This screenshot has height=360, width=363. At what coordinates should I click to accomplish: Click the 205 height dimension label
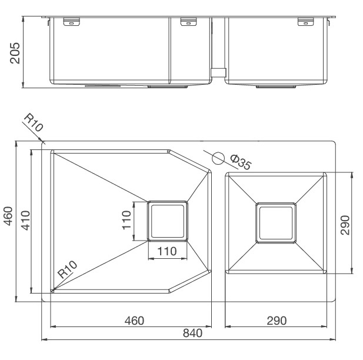15,53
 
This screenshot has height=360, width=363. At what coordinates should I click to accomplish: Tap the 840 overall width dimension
192,333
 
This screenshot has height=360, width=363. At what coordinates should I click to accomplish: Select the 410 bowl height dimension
25,221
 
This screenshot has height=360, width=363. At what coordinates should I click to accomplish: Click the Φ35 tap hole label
241,162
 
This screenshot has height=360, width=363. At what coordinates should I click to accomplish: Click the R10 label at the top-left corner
34,122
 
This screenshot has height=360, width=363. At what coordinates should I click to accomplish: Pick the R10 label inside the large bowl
67,269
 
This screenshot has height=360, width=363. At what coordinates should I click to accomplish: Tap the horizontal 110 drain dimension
167,251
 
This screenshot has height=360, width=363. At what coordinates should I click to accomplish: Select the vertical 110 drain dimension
126,220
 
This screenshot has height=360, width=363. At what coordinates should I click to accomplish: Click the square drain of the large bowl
167,221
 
